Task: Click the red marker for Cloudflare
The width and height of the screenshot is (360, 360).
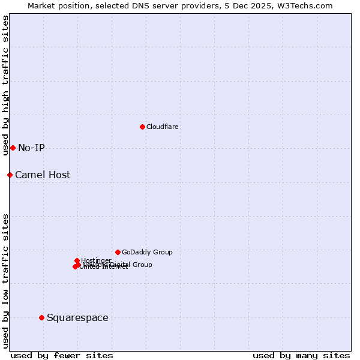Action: click(142, 127)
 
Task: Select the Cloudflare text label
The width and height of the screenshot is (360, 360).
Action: click(163, 127)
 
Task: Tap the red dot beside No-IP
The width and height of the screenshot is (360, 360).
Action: click(13, 148)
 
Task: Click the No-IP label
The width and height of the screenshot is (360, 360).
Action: click(31, 148)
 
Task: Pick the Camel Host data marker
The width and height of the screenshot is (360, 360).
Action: click(10, 175)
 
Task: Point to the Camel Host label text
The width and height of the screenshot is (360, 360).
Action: click(43, 175)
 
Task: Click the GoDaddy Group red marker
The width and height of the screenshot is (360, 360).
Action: click(118, 252)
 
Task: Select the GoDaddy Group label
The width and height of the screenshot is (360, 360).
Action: click(147, 253)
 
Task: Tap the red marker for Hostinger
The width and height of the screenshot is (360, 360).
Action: click(77, 260)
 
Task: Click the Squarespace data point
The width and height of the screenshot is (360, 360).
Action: click(41, 317)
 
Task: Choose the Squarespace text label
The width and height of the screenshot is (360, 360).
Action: click(77, 318)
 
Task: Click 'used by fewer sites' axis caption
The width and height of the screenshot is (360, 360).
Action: click(62, 356)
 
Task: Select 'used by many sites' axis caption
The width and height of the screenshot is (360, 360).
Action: click(301, 356)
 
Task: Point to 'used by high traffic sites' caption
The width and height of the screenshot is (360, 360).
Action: click(5, 85)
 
